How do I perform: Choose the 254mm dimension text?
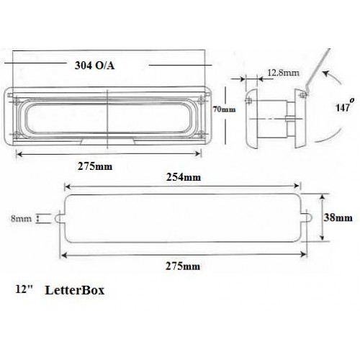pos(182,176)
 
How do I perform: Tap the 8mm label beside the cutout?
pos(29,215)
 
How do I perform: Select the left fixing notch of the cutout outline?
pos(59,215)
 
